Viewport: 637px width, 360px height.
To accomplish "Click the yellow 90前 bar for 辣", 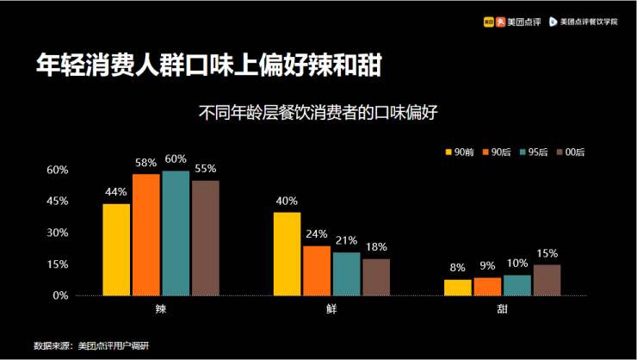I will tap(116, 250).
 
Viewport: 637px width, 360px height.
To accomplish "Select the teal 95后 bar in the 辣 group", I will tap(176, 233).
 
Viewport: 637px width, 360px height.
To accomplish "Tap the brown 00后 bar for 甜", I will tap(547, 280).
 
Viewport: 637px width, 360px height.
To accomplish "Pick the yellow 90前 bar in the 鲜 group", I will tap(288, 254).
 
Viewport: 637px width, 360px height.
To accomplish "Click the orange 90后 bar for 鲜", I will tap(317, 270).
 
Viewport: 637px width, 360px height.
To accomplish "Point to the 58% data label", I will tap(145, 163).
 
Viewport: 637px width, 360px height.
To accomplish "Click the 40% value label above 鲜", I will tap(288, 202).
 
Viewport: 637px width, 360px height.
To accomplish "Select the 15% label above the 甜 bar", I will tap(547, 253).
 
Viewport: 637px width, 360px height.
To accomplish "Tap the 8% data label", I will tap(458, 268).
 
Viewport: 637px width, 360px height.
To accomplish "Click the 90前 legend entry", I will tap(459, 152).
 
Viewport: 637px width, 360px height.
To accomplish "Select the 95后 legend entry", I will tap(534, 152).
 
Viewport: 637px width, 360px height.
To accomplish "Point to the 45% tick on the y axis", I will tap(57, 201).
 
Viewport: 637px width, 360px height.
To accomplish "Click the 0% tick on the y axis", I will tap(60, 295).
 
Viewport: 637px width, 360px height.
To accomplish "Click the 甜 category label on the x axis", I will tap(502, 308).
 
